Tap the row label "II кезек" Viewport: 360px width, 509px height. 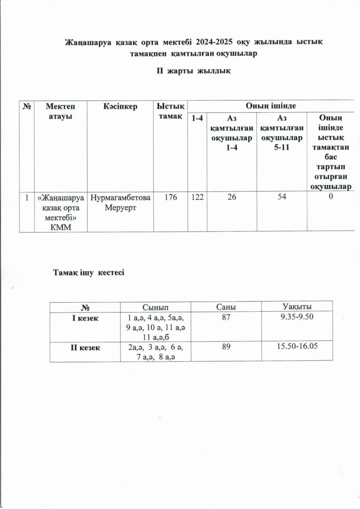[x=85, y=347]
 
